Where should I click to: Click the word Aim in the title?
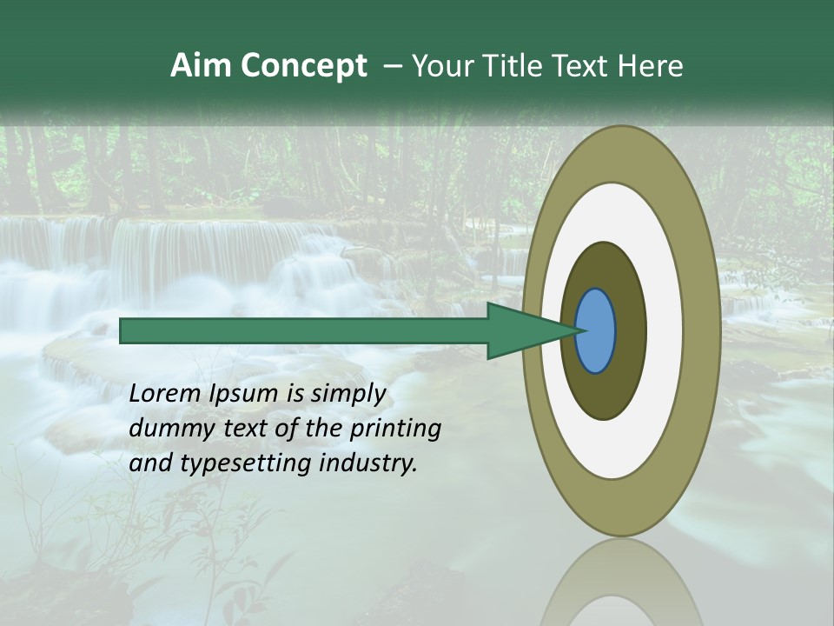(x=200, y=66)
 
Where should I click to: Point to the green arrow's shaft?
(x=304, y=330)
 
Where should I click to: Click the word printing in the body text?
(x=395, y=429)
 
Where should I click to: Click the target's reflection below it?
(x=620, y=583)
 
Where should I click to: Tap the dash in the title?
(x=392, y=66)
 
